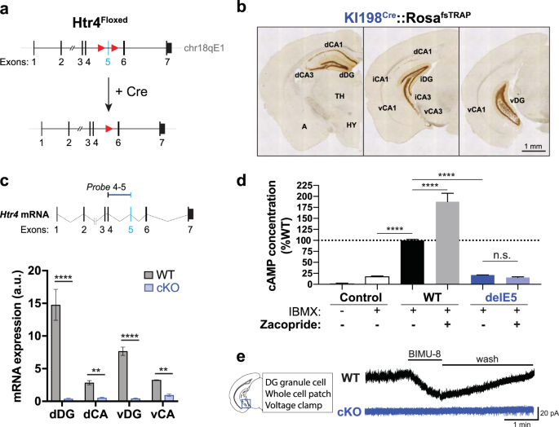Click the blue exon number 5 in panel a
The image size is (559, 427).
click(108, 59)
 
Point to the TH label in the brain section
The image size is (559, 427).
click(339, 95)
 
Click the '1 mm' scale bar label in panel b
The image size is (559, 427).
click(535, 147)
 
